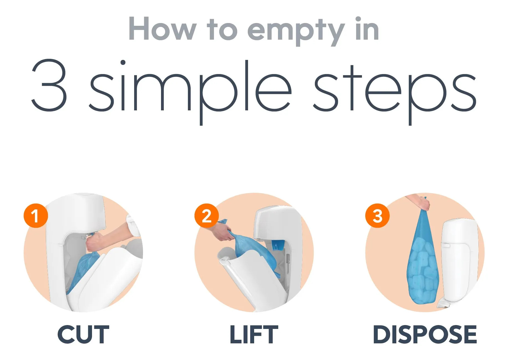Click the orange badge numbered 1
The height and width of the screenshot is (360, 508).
pos(36,216)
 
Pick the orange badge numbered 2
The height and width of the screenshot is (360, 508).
pos(206,216)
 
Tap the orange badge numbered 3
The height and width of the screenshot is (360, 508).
pos(377,216)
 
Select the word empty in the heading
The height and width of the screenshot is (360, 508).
pos(296,31)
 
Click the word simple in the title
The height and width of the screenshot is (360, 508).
pos(190,92)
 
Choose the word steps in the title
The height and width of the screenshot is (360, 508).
pos(395,94)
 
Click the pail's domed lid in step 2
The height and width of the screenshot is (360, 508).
pos(273,222)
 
